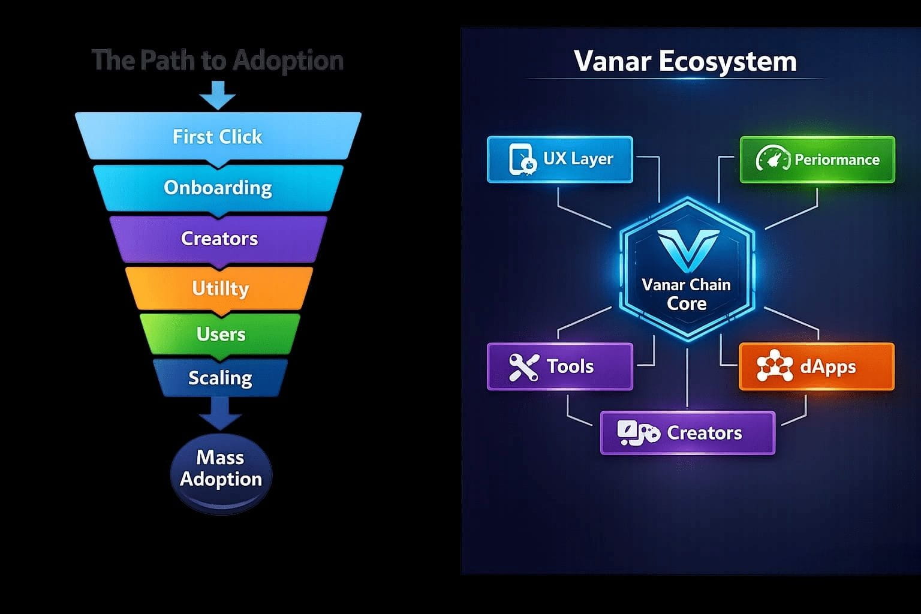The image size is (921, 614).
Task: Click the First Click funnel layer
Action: click(218, 137)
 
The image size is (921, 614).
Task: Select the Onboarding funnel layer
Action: click(218, 188)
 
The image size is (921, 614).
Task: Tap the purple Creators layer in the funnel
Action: click(219, 239)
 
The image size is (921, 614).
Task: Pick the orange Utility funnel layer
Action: click(219, 288)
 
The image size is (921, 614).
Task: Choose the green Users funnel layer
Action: click(221, 334)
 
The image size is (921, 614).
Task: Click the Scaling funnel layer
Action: click(221, 378)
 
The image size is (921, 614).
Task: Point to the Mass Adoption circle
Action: click(221, 473)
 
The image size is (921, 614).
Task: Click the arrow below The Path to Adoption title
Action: click(218, 95)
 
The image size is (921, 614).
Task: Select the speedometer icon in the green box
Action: click(772, 158)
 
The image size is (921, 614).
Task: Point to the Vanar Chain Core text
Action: click(687, 294)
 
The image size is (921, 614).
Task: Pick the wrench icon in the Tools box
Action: click(524, 367)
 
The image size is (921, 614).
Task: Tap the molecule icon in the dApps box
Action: click(775, 365)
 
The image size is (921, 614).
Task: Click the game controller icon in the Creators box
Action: click(639, 433)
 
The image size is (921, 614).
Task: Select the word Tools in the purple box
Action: click(570, 366)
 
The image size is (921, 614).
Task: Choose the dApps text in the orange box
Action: click(827, 367)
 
